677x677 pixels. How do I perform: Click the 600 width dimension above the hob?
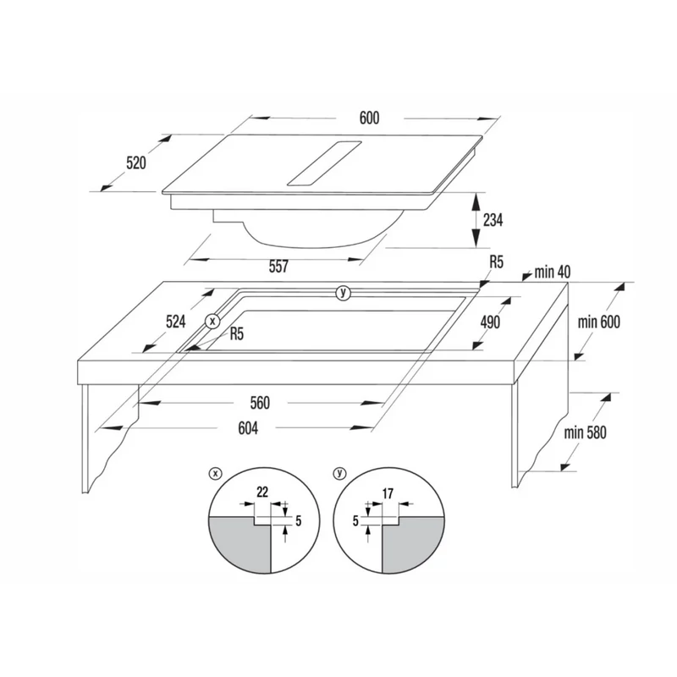(369, 118)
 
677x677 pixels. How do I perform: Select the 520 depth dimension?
(136, 162)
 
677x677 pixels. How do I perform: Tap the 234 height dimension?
(493, 220)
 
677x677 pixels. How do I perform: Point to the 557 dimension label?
(278, 267)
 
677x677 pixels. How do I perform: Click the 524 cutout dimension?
(176, 322)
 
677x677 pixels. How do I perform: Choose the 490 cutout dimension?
(490, 322)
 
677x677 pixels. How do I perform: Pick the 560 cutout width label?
(260, 403)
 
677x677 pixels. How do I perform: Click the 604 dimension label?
(248, 428)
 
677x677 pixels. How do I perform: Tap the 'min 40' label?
(553, 272)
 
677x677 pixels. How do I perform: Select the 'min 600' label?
(598, 322)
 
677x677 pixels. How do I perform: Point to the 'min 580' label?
(585, 432)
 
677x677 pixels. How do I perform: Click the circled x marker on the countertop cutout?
(212, 322)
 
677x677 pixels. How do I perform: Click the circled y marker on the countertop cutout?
(344, 293)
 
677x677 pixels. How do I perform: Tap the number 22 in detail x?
(262, 492)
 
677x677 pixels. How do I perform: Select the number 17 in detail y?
(388, 493)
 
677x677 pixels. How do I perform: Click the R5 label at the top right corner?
(497, 262)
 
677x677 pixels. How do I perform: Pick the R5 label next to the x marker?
(237, 333)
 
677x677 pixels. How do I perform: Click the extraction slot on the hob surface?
(324, 163)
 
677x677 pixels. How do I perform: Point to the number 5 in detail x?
(298, 521)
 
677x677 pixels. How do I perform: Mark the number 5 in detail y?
(355, 521)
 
